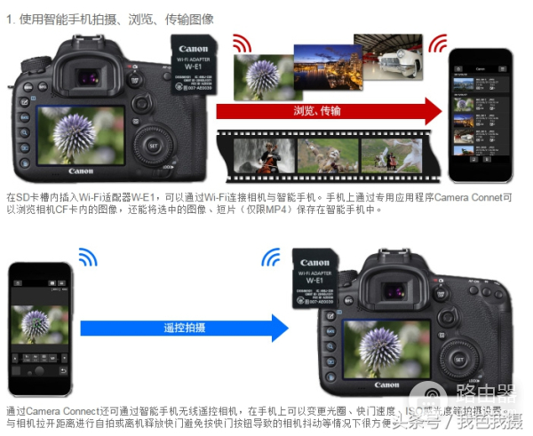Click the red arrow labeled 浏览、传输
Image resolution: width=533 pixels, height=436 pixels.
click(x=329, y=111)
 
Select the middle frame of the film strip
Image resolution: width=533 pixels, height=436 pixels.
click(x=327, y=155)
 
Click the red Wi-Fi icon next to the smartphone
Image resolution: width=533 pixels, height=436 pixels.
click(x=437, y=44)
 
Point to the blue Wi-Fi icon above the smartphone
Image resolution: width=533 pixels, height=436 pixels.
click(x=86, y=258)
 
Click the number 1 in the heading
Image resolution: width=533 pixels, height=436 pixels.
click(x=10, y=19)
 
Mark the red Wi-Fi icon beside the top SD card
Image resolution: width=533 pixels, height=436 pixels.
click(x=240, y=43)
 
